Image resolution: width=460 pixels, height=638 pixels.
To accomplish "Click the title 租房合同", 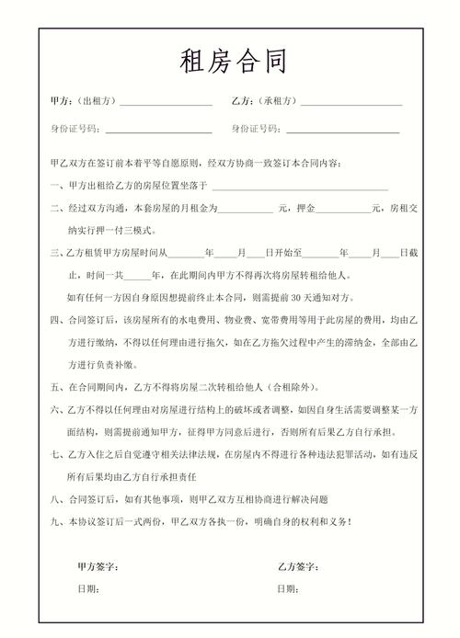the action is [x=231, y=63].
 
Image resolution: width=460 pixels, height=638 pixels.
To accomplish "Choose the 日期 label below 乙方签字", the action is [x=290, y=589].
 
